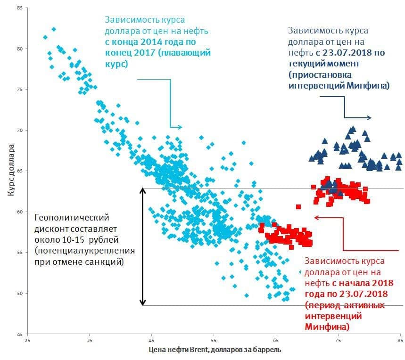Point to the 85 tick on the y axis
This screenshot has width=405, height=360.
tap(19, 8)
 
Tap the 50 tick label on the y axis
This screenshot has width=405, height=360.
tap(19, 293)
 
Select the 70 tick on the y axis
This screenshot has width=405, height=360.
tap(19, 130)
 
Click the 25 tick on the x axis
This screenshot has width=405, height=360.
tap(27, 340)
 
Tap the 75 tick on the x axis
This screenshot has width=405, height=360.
tap(338, 340)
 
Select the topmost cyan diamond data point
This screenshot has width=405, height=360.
tap(54, 29)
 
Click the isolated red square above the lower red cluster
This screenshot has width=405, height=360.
tap(298, 206)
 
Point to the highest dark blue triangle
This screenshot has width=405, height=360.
tap(352, 129)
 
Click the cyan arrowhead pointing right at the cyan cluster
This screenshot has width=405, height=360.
tap(179, 127)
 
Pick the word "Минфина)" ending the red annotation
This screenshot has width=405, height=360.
tap(327, 326)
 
